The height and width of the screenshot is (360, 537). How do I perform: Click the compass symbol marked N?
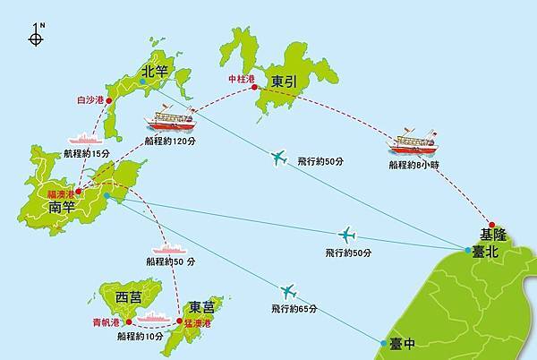point(37,37)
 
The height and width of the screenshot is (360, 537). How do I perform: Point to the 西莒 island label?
point(129,296)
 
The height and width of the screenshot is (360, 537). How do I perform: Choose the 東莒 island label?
point(201,307)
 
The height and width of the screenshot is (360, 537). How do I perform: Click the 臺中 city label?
point(403,342)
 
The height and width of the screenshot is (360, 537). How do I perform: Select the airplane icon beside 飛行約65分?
point(287,291)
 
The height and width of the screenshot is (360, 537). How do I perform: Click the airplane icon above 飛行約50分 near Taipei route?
point(346,235)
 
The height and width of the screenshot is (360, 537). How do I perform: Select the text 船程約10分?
point(141,337)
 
